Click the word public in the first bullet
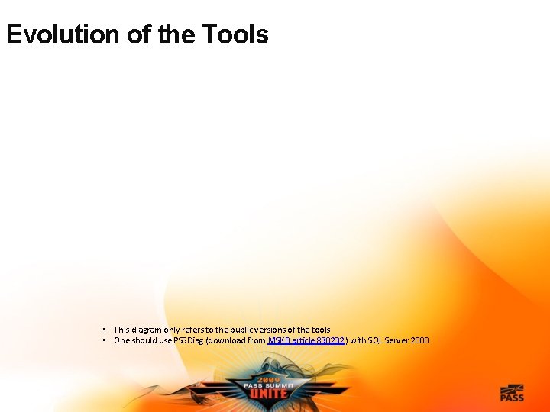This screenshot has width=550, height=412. (x=241, y=330)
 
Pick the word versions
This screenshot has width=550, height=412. (x=274, y=330)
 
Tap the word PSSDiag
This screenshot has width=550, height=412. (x=189, y=340)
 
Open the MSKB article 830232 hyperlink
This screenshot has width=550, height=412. (x=306, y=340)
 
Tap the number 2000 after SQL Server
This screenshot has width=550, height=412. (x=419, y=340)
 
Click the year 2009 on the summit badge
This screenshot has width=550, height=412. (x=268, y=378)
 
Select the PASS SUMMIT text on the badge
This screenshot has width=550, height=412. (x=269, y=386)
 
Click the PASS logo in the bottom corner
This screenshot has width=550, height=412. (x=512, y=392)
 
